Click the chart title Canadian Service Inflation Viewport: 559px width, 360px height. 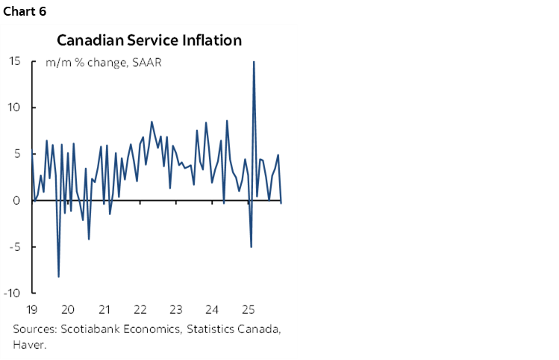click(149, 40)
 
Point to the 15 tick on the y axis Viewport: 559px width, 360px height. click(14, 61)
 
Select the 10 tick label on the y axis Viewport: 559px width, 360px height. click(14, 108)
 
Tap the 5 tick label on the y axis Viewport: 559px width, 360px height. click(16, 154)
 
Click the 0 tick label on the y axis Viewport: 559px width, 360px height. click(16, 200)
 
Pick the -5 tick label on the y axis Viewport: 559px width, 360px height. click(14, 246)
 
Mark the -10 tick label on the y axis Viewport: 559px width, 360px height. click(12, 293)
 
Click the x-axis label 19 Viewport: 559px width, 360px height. click(31, 309)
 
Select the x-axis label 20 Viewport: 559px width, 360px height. click(68, 309)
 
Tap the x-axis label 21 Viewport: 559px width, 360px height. click(104, 309)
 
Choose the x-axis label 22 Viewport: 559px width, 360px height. click(140, 309)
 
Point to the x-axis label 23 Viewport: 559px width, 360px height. click(177, 309)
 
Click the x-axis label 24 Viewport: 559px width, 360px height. click(213, 309)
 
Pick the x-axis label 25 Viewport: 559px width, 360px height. click(249, 309)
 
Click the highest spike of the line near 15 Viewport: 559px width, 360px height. click(254, 62)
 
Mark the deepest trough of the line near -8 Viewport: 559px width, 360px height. click(58, 276)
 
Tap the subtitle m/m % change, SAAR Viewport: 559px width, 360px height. click(104, 63)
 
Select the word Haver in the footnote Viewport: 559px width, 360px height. click(27, 344)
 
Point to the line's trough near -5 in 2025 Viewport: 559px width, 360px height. click(251, 246)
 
